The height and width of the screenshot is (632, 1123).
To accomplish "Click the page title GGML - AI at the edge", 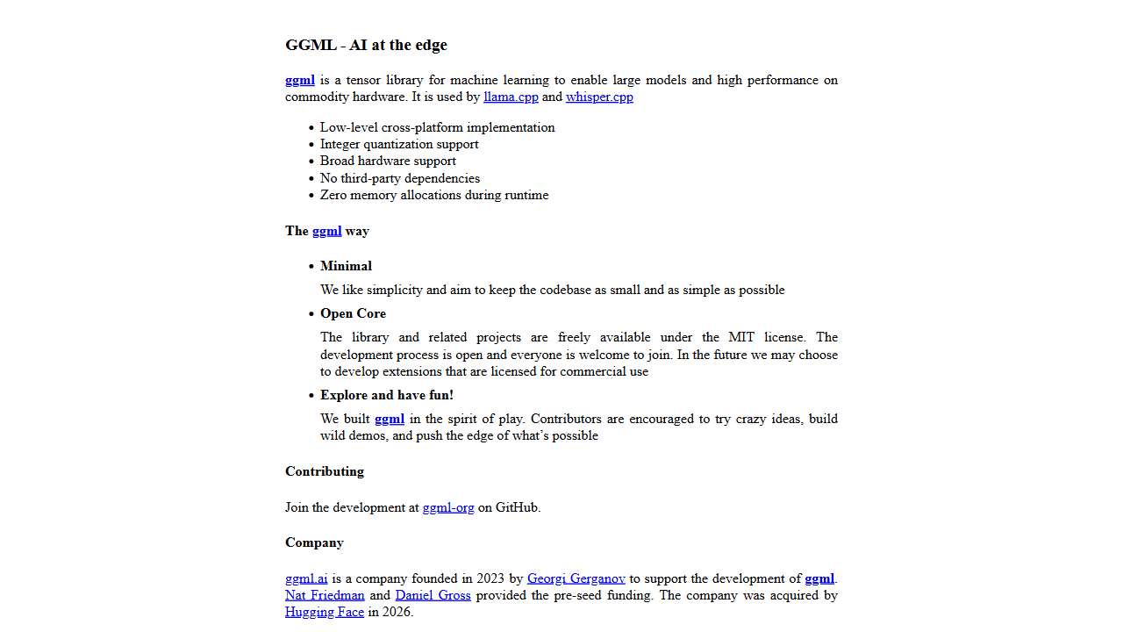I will pyautogui.click(x=366, y=45).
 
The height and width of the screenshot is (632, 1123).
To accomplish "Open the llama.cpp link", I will pyautogui.click(x=511, y=97).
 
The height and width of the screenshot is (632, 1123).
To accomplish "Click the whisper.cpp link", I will pyautogui.click(x=599, y=97).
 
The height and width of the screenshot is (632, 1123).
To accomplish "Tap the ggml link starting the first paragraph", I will pyautogui.click(x=299, y=80).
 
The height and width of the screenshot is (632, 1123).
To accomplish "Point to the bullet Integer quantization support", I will pyautogui.click(x=399, y=144).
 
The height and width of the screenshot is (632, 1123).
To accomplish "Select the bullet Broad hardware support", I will pyautogui.click(x=388, y=161).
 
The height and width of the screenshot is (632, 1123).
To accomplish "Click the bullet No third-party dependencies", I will pyautogui.click(x=399, y=178).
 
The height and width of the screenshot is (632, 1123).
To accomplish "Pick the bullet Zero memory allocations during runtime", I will pyautogui.click(x=433, y=195).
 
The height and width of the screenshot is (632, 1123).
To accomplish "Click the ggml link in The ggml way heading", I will pyautogui.click(x=326, y=231).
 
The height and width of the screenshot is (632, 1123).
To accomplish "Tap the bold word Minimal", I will pyautogui.click(x=346, y=266).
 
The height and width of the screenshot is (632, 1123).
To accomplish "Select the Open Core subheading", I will pyautogui.click(x=353, y=313).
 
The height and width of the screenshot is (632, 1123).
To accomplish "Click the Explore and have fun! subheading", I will pyautogui.click(x=387, y=395).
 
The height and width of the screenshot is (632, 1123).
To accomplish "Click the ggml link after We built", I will pyautogui.click(x=389, y=419).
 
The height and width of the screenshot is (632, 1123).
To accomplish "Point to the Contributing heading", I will pyautogui.click(x=324, y=471).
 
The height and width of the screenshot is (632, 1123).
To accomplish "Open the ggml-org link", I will pyautogui.click(x=447, y=507).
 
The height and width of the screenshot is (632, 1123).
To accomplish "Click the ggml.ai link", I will pyautogui.click(x=306, y=578).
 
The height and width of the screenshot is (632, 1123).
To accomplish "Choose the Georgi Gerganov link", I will pyautogui.click(x=576, y=578).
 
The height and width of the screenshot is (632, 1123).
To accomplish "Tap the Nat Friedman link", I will pyautogui.click(x=325, y=595).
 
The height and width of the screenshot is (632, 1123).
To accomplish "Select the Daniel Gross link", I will pyautogui.click(x=433, y=595).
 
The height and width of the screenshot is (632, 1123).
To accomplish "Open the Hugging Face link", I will pyautogui.click(x=324, y=612).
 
